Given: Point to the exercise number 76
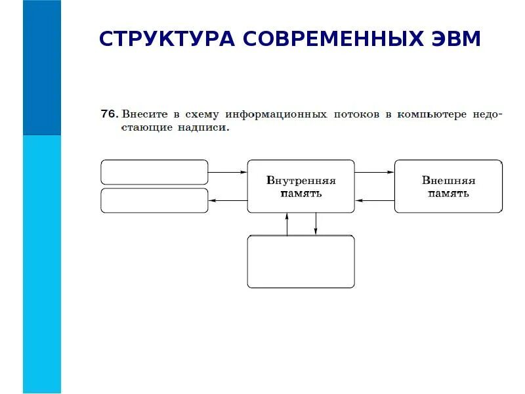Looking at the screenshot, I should click(x=109, y=114).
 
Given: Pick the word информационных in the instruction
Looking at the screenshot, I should click(x=276, y=114).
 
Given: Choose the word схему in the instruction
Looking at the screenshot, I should click(x=201, y=114).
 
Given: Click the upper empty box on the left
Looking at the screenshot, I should click(x=154, y=172).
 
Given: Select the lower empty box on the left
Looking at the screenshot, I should click(x=154, y=200).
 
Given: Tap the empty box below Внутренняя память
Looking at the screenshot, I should click(x=301, y=261).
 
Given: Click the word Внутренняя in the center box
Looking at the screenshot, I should click(x=301, y=181).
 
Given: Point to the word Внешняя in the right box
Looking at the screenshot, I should click(x=448, y=181).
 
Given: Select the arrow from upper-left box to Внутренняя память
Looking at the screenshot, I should click(x=227, y=173).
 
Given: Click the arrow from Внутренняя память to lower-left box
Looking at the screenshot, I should click(x=227, y=200).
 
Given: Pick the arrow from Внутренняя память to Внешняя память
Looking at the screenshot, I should click(x=374, y=173).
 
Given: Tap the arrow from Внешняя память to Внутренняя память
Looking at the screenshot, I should click(x=374, y=200).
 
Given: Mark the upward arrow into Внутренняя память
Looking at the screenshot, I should click(x=287, y=224).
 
